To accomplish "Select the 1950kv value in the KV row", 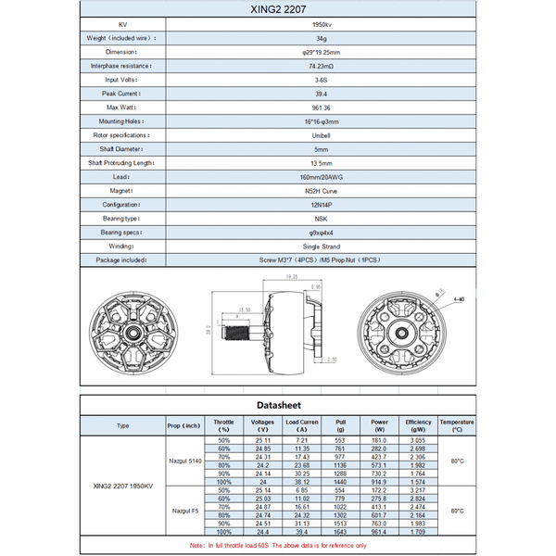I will [x=321, y=24].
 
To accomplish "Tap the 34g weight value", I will [x=321, y=38].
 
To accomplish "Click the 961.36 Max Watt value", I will [x=321, y=107].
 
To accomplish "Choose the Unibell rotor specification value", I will [x=321, y=135].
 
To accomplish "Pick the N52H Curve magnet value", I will [x=321, y=191].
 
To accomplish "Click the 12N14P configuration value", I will [x=321, y=205].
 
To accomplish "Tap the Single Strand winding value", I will [x=321, y=246].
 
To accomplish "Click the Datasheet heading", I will [x=278, y=405].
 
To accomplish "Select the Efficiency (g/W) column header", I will [x=418, y=425].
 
